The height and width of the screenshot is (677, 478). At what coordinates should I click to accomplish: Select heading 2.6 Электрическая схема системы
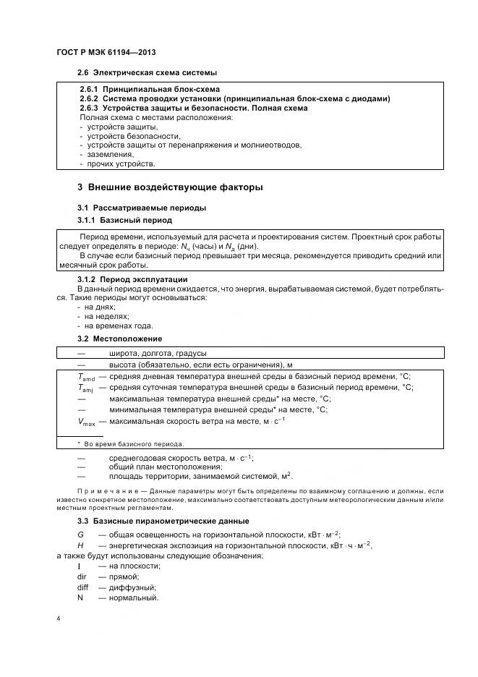pyautogui.click(x=148, y=73)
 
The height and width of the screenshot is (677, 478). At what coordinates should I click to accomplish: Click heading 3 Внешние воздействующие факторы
pyautogui.click(x=170, y=187)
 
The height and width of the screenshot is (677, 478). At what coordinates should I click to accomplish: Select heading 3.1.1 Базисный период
pyautogui.click(x=124, y=219)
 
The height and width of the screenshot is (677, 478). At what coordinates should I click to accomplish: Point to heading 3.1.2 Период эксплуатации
pyautogui.click(x=132, y=279)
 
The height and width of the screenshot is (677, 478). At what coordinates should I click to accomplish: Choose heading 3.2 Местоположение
pyautogui.click(x=119, y=338)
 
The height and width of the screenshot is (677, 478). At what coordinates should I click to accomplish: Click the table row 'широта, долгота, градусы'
pyautogui.click(x=158, y=353)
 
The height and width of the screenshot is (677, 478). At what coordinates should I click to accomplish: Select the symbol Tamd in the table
pyautogui.click(x=86, y=377)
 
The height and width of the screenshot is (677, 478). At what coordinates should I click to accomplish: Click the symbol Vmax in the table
pyautogui.click(x=86, y=421)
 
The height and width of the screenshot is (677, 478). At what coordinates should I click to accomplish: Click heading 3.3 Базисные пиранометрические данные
pyautogui.click(x=163, y=521)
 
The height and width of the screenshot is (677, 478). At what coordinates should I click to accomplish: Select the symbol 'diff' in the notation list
pyautogui.click(x=83, y=587)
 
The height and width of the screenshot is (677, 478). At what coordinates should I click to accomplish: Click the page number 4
pyautogui.click(x=58, y=619)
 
